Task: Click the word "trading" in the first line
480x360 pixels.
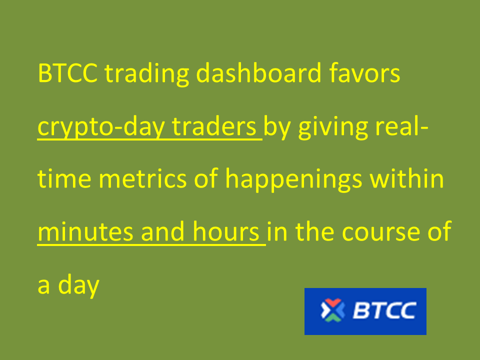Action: (x=146, y=74)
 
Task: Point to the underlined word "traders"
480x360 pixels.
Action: (x=214, y=126)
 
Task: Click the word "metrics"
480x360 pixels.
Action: (x=142, y=178)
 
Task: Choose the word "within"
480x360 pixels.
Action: (x=407, y=178)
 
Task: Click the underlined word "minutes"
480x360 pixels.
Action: (x=85, y=231)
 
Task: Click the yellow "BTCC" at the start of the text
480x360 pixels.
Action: (x=67, y=73)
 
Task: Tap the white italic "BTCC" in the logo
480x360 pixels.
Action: (x=384, y=310)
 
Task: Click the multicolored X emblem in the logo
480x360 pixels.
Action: (x=332, y=310)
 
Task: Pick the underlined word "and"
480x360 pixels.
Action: (x=163, y=231)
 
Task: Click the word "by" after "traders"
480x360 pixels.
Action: (x=277, y=128)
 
